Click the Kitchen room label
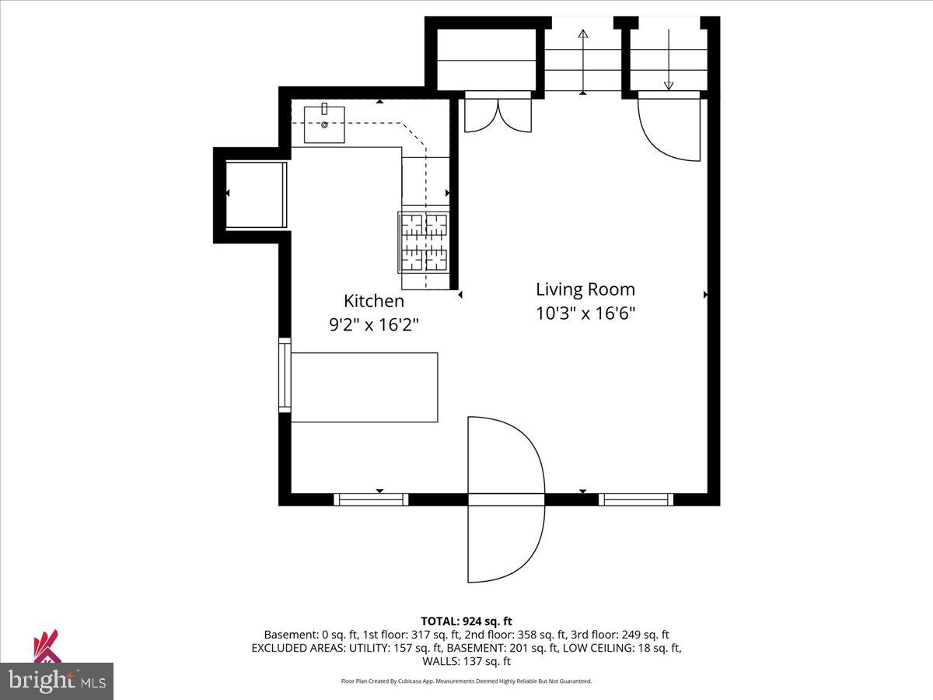(x=374, y=301)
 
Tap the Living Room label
(x=585, y=289)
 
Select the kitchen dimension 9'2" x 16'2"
(x=374, y=325)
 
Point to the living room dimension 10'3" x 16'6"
(x=585, y=313)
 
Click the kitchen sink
(x=324, y=124)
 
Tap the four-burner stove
(x=425, y=242)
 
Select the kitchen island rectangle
(x=364, y=387)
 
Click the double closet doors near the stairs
(x=498, y=113)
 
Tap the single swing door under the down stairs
(x=669, y=128)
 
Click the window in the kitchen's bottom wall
(x=371, y=499)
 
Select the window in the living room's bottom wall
(x=636, y=499)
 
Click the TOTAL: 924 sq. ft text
(x=466, y=621)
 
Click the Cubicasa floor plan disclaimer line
(x=466, y=681)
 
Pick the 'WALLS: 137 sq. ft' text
(x=466, y=661)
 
